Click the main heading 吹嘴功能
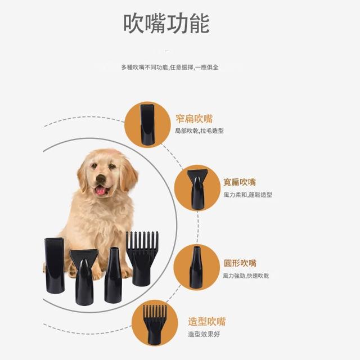click(166, 24)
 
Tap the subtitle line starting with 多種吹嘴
click(170, 67)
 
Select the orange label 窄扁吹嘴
click(194, 119)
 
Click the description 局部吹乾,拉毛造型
click(199, 131)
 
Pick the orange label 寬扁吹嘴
click(240, 182)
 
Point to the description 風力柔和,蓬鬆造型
click(247, 195)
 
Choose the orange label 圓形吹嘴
click(240, 263)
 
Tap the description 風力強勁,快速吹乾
click(246, 276)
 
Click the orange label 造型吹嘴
click(207, 321)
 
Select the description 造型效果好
click(204, 334)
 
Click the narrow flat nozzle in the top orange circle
click(147, 124)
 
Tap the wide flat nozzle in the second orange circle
click(197, 189)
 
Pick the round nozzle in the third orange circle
click(196, 267)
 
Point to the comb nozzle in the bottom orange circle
click(155, 325)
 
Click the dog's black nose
click(101, 178)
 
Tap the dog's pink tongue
click(100, 190)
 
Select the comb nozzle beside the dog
click(142, 258)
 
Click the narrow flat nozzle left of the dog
click(55, 265)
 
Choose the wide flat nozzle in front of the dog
click(84, 277)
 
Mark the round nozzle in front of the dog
click(112, 275)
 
